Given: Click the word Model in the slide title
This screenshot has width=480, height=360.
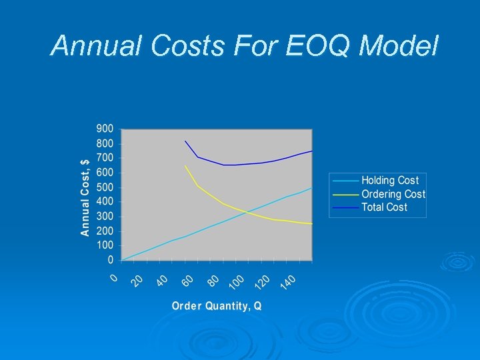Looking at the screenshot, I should click(399, 45).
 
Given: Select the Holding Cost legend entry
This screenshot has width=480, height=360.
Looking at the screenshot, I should click(389, 181).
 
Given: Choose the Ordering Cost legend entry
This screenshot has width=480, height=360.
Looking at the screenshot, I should click(393, 194).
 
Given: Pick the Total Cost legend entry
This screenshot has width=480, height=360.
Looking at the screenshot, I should click(384, 207).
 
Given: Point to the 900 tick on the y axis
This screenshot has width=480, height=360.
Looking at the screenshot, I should click(105, 129).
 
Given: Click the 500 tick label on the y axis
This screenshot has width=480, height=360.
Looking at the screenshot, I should click(105, 187).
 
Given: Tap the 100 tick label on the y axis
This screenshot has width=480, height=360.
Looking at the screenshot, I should click(105, 245).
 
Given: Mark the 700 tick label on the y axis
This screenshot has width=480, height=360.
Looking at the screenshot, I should click(105, 158).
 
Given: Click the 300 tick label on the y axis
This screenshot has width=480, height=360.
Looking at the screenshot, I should click(105, 217).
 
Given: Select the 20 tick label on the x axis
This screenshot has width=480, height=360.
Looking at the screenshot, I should click(138, 281).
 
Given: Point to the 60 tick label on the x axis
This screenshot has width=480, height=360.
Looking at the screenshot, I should click(189, 281).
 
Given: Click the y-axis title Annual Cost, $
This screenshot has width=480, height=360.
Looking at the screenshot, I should click(85, 197).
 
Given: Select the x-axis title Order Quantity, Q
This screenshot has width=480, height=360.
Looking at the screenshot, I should click(217, 306).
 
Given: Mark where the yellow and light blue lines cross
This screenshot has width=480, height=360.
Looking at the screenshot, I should click(245, 213).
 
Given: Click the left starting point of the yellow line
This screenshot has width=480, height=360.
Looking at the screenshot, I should click(185, 166).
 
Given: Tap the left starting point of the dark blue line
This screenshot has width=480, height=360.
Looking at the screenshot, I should click(185, 141).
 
